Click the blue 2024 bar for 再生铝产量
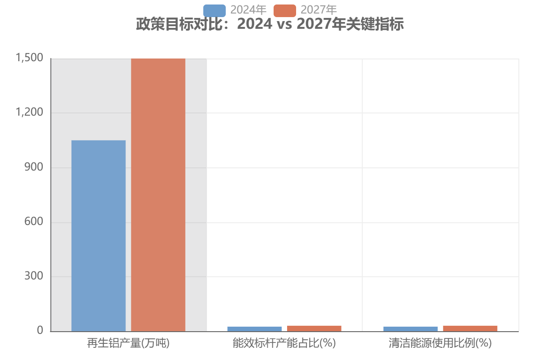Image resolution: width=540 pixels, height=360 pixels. point(99,236)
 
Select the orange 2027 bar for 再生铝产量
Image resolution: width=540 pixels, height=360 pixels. point(158,195)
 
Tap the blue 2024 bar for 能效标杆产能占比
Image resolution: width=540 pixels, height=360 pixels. point(254,329)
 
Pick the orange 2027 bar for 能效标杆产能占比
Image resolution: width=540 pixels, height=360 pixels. point(314,328)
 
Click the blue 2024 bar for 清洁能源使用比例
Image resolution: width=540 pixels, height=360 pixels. point(410,329)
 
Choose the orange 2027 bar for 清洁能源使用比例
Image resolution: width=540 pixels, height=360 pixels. point(470,328)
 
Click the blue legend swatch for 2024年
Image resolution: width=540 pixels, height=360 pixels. point(214,10)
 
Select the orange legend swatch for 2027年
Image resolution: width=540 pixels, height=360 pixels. point(284,10)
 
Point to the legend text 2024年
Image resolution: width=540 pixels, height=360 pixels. point(248,10)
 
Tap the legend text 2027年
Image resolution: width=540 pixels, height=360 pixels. point(319,10)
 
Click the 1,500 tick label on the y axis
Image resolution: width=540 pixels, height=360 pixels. point(29,58)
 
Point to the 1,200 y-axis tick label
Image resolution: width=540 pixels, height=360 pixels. point(29,113)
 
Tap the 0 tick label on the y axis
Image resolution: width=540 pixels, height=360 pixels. point(40,331)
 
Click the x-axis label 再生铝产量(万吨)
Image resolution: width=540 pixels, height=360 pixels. point(128,344)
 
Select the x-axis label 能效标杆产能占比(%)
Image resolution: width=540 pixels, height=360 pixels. point(284,344)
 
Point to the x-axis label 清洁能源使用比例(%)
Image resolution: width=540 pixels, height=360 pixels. point(440,344)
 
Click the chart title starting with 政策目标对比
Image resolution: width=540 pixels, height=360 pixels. point(270,24)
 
